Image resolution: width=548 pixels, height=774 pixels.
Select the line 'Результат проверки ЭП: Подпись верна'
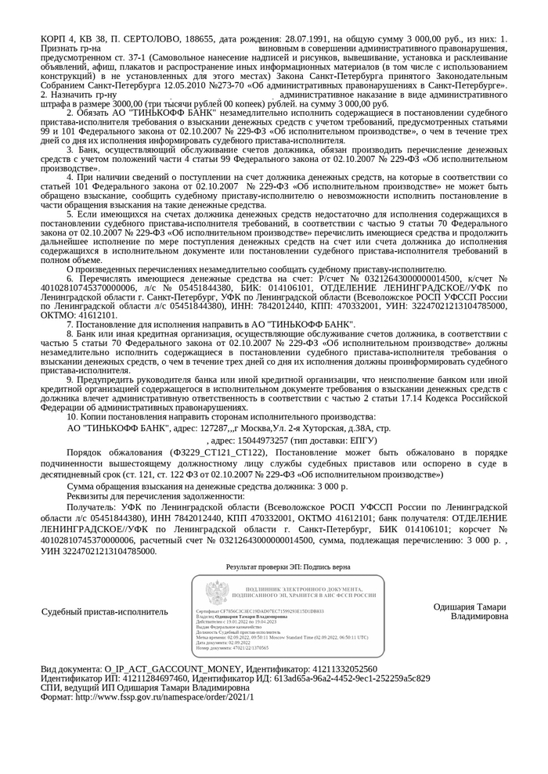[x=288, y=566]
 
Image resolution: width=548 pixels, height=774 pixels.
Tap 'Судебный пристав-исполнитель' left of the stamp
[x=104, y=611]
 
